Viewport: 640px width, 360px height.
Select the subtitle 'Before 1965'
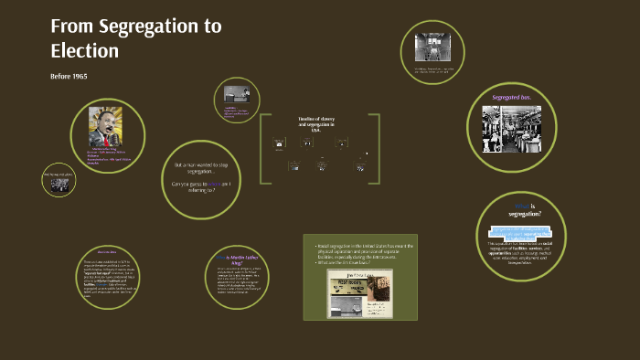(69, 75)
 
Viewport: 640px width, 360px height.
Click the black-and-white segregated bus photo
(517, 129)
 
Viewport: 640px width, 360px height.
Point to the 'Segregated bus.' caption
(517, 97)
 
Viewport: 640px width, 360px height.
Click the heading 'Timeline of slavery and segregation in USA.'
(316, 126)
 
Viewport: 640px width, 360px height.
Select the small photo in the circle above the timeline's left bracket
(232, 93)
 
